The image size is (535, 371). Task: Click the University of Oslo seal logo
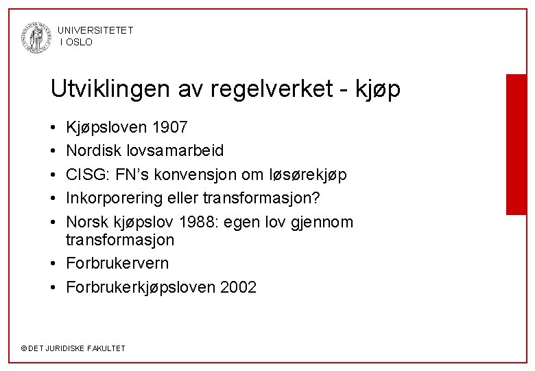point(36,36)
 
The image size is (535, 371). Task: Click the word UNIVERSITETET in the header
point(95,30)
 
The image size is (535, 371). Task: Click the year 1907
point(170,128)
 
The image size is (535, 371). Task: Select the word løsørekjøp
point(309,175)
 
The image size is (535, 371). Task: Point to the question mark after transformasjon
point(337,199)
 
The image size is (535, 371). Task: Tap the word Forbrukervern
point(117,264)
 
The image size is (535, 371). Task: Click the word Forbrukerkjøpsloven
point(141,287)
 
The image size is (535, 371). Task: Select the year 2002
point(239,287)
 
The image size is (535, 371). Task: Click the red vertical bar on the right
point(515,144)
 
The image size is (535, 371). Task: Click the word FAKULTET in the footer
point(106,348)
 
